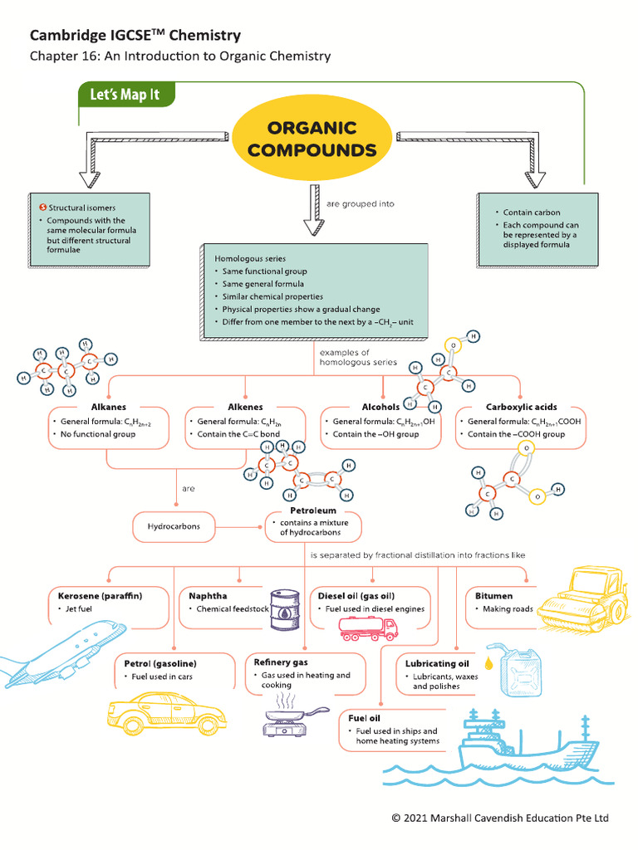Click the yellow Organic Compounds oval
coord(312,139)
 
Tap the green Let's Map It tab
coord(125,95)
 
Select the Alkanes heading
coord(109,407)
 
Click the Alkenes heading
coord(245,407)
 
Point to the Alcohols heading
coord(380,407)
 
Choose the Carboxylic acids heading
coord(522,407)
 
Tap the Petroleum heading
coord(313,510)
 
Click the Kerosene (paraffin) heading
coord(101,596)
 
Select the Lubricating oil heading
coord(437,664)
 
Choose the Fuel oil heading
coord(364,717)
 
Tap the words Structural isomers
coord(81,208)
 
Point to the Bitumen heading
coord(493,596)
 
